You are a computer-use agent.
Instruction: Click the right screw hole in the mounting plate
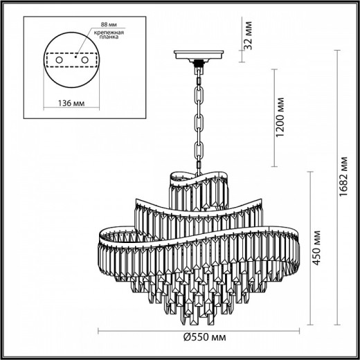tap(86, 61)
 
